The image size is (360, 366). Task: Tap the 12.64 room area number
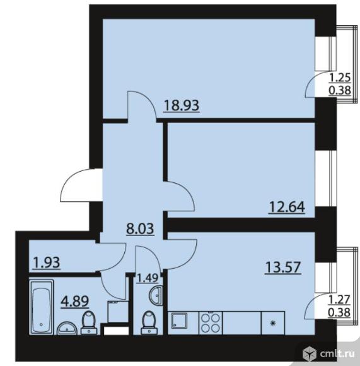pos(287,207)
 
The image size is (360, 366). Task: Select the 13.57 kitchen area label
pos(283,268)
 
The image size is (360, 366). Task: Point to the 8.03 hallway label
pos(140,228)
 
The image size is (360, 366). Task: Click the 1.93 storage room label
pos(47,263)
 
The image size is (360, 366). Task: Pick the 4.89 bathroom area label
pos(75,301)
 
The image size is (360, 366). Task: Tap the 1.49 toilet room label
pos(148,278)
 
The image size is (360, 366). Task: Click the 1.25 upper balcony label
pos(340,78)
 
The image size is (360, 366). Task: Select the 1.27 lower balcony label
pos(339,300)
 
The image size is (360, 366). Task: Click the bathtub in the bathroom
pos(41,307)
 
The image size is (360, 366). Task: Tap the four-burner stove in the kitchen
pos(211,323)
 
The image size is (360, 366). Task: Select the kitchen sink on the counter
pos(179,321)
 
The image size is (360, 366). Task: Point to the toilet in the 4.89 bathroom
pos(89,323)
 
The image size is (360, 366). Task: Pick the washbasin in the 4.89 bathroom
pos(67,328)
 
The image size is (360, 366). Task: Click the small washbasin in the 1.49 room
pos(156,295)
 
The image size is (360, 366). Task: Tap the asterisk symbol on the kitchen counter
pos(272,323)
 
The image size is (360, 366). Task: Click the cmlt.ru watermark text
pos(337,354)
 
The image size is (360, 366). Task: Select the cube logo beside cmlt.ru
pos(310,354)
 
